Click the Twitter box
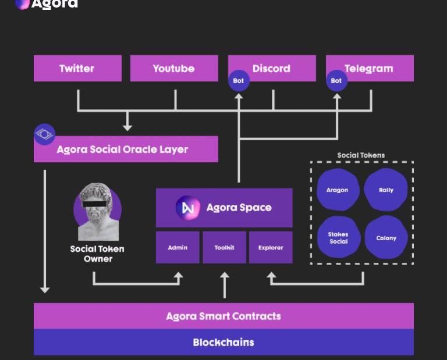(x=77, y=69)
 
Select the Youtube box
(x=173, y=69)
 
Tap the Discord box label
(x=271, y=69)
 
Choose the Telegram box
(x=370, y=69)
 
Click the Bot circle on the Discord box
(x=239, y=81)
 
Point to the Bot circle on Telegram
(x=336, y=81)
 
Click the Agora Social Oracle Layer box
(x=126, y=149)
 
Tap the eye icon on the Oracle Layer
(x=44, y=134)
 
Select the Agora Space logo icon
(x=187, y=208)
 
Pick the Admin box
(x=178, y=248)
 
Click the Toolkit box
(x=224, y=248)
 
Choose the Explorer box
(x=271, y=248)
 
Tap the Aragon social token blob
(x=337, y=190)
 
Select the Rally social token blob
(x=386, y=190)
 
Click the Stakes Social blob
(x=338, y=238)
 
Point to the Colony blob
(x=386, y=238)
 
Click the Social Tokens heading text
(x=361, y=155)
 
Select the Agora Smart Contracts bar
(x=223, y=316)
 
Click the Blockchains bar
(x=223, y=343)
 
